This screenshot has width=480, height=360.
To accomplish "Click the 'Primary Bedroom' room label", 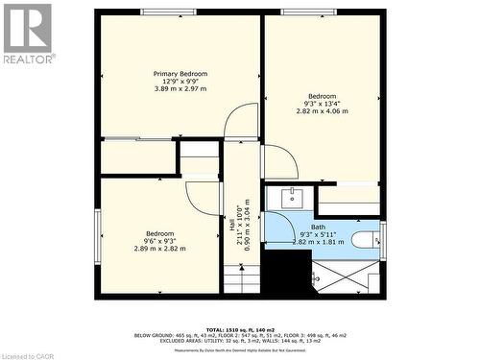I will point(180,74).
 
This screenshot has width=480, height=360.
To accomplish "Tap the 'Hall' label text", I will point(231,224).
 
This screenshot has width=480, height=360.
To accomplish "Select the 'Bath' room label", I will point(318,227).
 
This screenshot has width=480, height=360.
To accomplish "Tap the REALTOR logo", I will point(28,34).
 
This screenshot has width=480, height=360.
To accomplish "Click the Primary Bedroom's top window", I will point(164,12).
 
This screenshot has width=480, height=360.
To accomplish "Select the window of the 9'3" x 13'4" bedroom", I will point(309,12).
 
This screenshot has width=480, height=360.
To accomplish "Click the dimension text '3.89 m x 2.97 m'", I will point(180,89).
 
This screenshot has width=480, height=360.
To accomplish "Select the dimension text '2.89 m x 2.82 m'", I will point(159,249).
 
